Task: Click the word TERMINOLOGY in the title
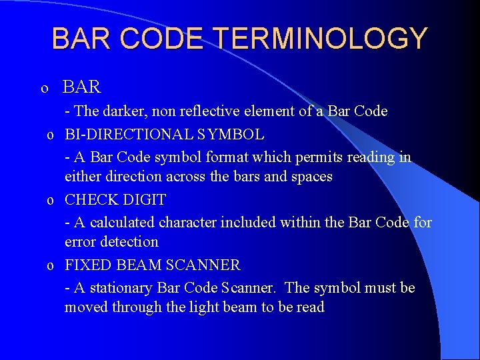point(320,39)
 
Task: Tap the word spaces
point(309,177)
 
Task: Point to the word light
point(208,307)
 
